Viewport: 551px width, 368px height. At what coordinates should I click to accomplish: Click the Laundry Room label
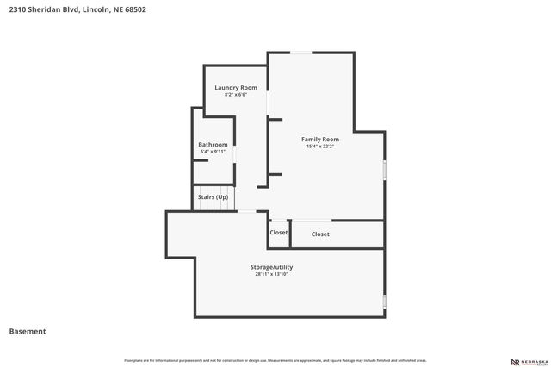tap(236, 87)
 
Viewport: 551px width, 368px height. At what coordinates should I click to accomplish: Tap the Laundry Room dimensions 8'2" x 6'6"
tap(236, 95)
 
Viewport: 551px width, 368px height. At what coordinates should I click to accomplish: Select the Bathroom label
tap(213, 144)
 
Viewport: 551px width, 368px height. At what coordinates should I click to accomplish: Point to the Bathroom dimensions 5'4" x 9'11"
tap(213, 152)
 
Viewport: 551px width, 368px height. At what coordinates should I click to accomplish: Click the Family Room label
tap(319, 139)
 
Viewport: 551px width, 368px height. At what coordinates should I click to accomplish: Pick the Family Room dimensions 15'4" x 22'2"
tap(319, 147)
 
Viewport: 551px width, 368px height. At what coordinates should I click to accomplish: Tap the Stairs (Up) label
tap(213, 197)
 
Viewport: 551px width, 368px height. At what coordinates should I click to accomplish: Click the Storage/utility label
tap(271, 267)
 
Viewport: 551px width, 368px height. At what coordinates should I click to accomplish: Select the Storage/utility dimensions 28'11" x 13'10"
tap(271, 275)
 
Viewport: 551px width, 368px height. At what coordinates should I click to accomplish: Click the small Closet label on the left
tap(279, 233)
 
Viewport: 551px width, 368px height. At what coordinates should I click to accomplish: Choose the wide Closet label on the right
tap(320, 234)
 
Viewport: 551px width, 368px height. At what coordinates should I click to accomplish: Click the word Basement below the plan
tap(28, 331)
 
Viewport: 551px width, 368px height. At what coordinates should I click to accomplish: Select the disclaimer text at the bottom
tap(275, 360)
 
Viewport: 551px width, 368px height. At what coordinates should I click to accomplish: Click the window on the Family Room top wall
tap(300, 53)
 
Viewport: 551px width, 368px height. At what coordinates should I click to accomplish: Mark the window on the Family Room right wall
tap(384, 169)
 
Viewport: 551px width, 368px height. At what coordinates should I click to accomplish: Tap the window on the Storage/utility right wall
tap(384, 301)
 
